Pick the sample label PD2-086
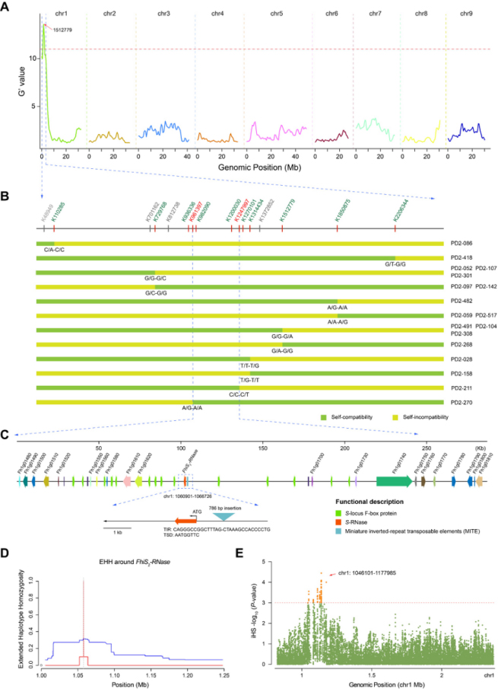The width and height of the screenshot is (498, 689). click(x=462, y=244)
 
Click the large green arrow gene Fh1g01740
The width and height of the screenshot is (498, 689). click(x=394, y=480)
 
